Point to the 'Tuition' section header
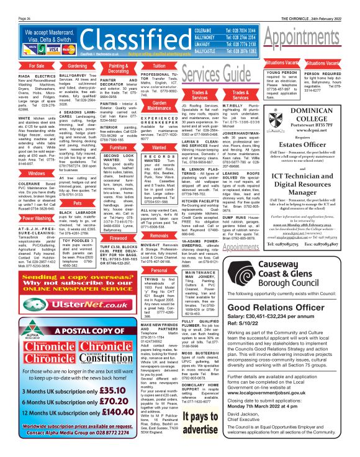159,65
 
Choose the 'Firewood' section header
118,220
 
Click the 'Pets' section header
77,202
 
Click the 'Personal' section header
159,270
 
